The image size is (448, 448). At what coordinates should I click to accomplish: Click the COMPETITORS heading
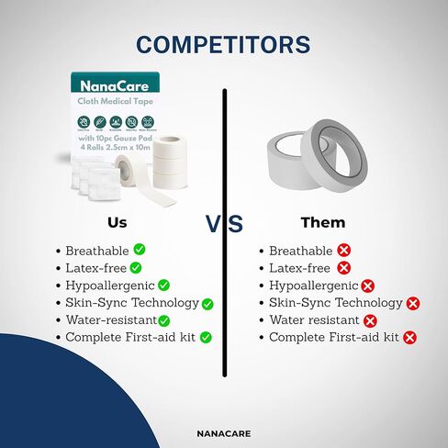point(223,44)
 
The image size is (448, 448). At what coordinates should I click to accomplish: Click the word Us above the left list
point(118,222)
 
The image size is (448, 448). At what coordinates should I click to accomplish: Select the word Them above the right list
point(323,222)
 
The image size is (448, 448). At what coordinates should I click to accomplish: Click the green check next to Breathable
point(140,249)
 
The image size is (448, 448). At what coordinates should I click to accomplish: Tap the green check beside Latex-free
point(140,267)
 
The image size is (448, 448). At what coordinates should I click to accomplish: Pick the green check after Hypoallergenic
point(163,285)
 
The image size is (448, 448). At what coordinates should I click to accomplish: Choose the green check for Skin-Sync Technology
point(207,303)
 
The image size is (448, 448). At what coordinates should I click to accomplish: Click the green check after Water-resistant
point(163,320)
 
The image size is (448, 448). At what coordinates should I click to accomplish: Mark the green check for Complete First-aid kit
point(206,338)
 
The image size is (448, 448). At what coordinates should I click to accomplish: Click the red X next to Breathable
point(344,250)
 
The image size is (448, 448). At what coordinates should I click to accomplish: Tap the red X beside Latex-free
point(344,268)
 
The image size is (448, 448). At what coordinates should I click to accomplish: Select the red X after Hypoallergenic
point(368,286)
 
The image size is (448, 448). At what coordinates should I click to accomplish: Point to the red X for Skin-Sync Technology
point(413,303)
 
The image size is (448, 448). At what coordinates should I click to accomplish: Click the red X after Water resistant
point(370,320)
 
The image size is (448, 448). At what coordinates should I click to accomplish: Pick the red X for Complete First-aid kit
point(409,338)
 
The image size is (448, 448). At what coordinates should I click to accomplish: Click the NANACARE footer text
point(224,432)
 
